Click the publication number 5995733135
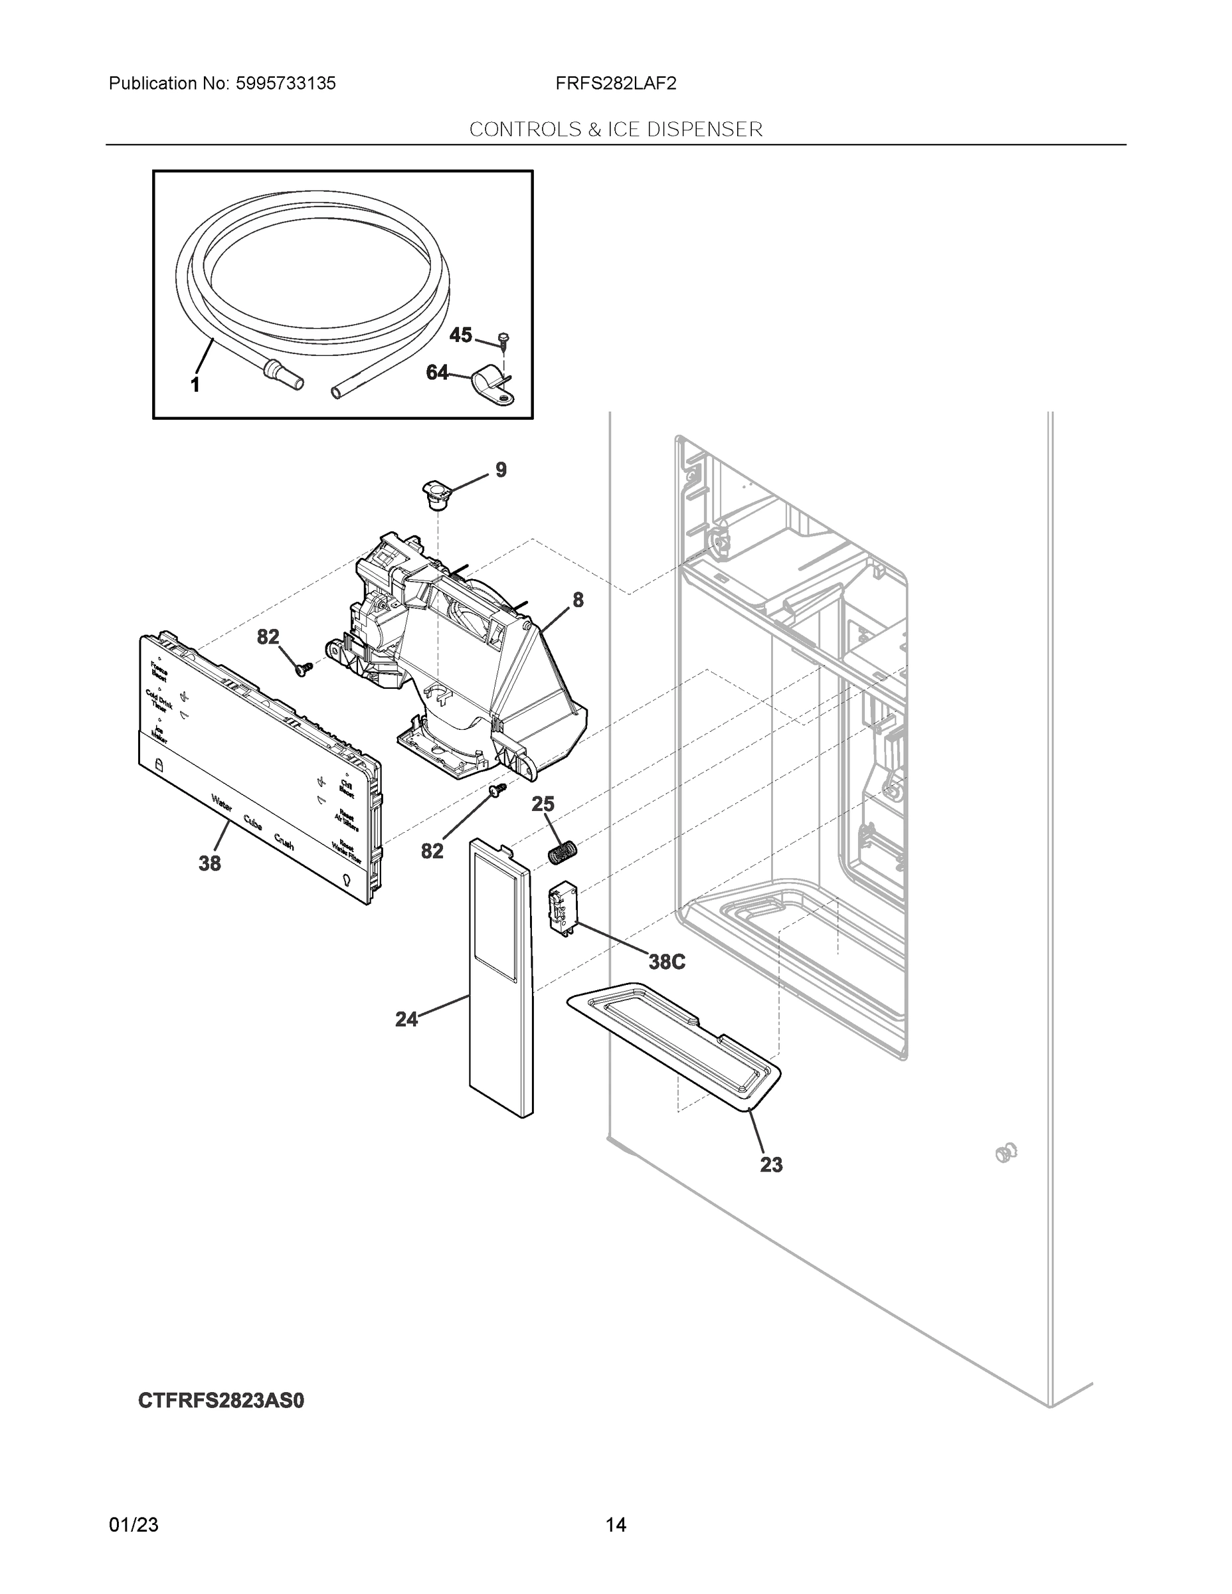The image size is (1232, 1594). [286, 84]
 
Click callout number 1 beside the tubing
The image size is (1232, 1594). [195, 385]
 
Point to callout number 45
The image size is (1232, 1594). [460, 335]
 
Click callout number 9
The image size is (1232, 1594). [501, 470]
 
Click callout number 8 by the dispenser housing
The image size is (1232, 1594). [577, 600]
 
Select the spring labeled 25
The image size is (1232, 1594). [562, 851]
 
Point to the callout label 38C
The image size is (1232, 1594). [666, 962]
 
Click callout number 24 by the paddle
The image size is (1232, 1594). [406, 1019]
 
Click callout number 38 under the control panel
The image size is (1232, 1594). [209, 863]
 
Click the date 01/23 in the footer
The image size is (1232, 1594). [133, 1525]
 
